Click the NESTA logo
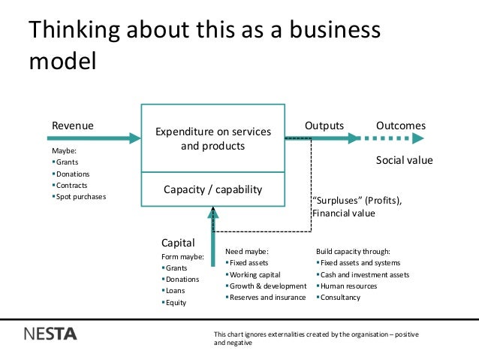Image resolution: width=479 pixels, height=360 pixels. (50, 334)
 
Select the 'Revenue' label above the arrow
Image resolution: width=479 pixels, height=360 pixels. (71, 126)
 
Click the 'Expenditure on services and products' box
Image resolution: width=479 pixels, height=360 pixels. (212, 138)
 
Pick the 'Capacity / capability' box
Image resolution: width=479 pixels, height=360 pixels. (212, 189)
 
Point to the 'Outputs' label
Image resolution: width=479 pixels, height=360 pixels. (324, 126)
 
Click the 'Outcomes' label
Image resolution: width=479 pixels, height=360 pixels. (400, 126)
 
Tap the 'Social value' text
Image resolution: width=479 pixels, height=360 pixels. (404, 161)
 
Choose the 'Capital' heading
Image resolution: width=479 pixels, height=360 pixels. (179, 243)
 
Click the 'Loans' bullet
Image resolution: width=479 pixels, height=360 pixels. (176, 290)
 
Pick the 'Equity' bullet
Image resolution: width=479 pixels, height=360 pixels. (176, 303)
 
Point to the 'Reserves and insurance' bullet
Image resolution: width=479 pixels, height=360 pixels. (267, 297)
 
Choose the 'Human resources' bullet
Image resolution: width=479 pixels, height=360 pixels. (348, 286)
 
